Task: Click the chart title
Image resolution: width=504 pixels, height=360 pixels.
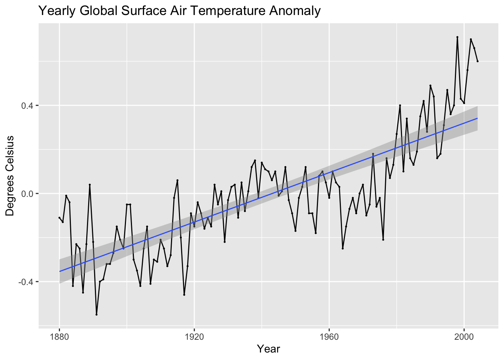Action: [x=179, y=11]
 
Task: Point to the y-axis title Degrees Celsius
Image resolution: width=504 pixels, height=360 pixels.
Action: [x=10, y=175]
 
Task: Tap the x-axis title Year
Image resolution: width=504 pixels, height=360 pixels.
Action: [x=268, y=349]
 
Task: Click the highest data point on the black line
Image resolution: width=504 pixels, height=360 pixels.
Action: [x=457, y=37]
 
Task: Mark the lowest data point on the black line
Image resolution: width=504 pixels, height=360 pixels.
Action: [x=96, y=315]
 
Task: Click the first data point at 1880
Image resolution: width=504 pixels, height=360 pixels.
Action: [x=59, y=217]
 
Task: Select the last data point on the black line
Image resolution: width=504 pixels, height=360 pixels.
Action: [x=477, y=61]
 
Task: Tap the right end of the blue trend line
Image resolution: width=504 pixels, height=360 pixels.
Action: [x=477, y=118]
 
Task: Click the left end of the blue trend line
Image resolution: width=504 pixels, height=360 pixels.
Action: [x=59, y=271]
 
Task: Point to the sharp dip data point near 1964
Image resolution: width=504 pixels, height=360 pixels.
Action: [x=343, y=249]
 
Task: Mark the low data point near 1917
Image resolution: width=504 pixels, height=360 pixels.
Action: [x=184, y=295]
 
